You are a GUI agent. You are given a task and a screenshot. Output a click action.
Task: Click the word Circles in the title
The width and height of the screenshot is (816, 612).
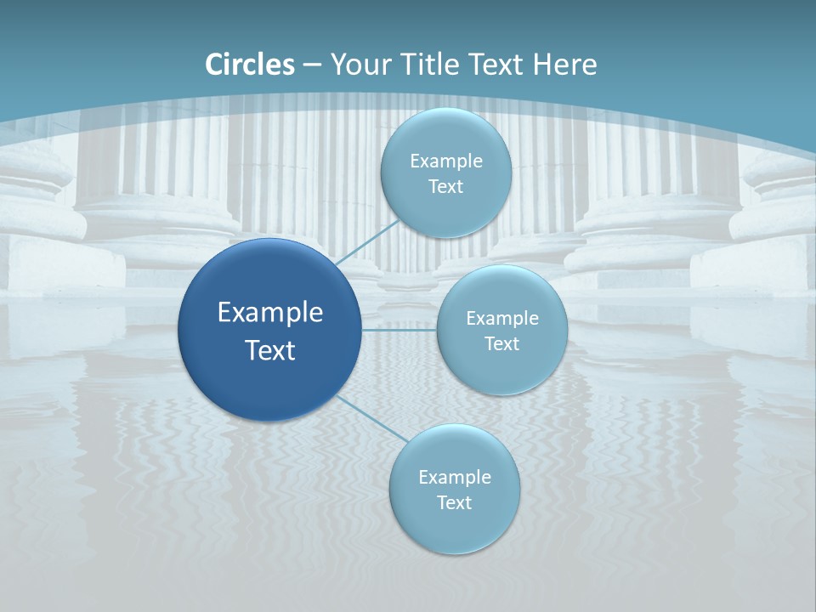250,65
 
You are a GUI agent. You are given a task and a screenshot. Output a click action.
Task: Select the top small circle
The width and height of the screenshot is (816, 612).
445,136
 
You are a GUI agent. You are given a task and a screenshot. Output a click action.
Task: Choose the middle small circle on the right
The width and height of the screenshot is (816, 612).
502,293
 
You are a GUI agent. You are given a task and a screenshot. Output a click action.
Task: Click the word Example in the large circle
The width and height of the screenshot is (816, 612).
269,313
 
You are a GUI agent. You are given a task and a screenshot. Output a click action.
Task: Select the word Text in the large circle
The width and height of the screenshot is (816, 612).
269,350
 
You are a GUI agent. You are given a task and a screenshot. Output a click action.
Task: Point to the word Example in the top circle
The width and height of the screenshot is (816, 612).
445,161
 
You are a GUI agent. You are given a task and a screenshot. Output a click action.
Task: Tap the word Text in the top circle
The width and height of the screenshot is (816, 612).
445,187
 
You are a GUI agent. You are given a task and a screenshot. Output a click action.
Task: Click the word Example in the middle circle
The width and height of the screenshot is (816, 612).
502,319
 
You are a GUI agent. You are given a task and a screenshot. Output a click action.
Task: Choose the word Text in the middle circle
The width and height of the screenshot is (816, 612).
502,344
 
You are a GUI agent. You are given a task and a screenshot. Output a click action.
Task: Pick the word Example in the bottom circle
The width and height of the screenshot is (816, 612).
454,478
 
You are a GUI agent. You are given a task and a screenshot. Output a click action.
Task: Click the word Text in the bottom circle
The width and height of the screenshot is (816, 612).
454,503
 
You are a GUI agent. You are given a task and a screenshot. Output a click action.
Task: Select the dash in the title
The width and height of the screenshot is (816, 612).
311,65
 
